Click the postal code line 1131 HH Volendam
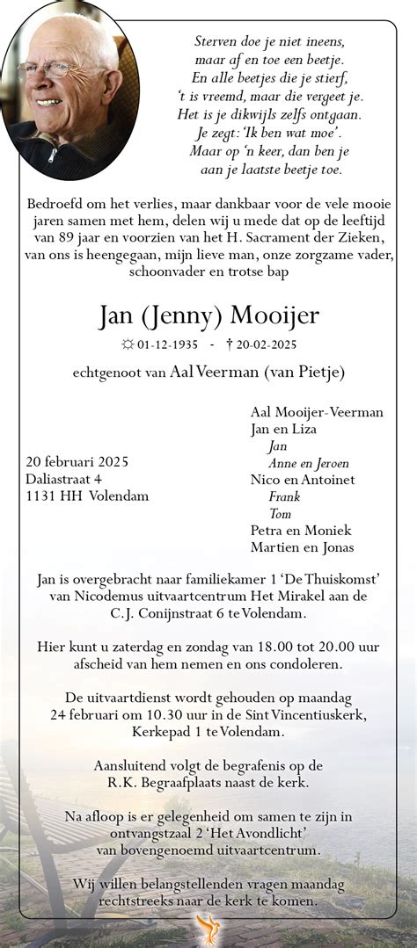(x=87, y=496)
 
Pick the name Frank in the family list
(x=285, y=496)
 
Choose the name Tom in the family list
(x=280, y=513)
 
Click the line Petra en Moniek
(x=301, y=530)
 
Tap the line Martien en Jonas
(x=303, y=546)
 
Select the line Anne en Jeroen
(x=308, y=463)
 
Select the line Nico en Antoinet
(x=303, y=480)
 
